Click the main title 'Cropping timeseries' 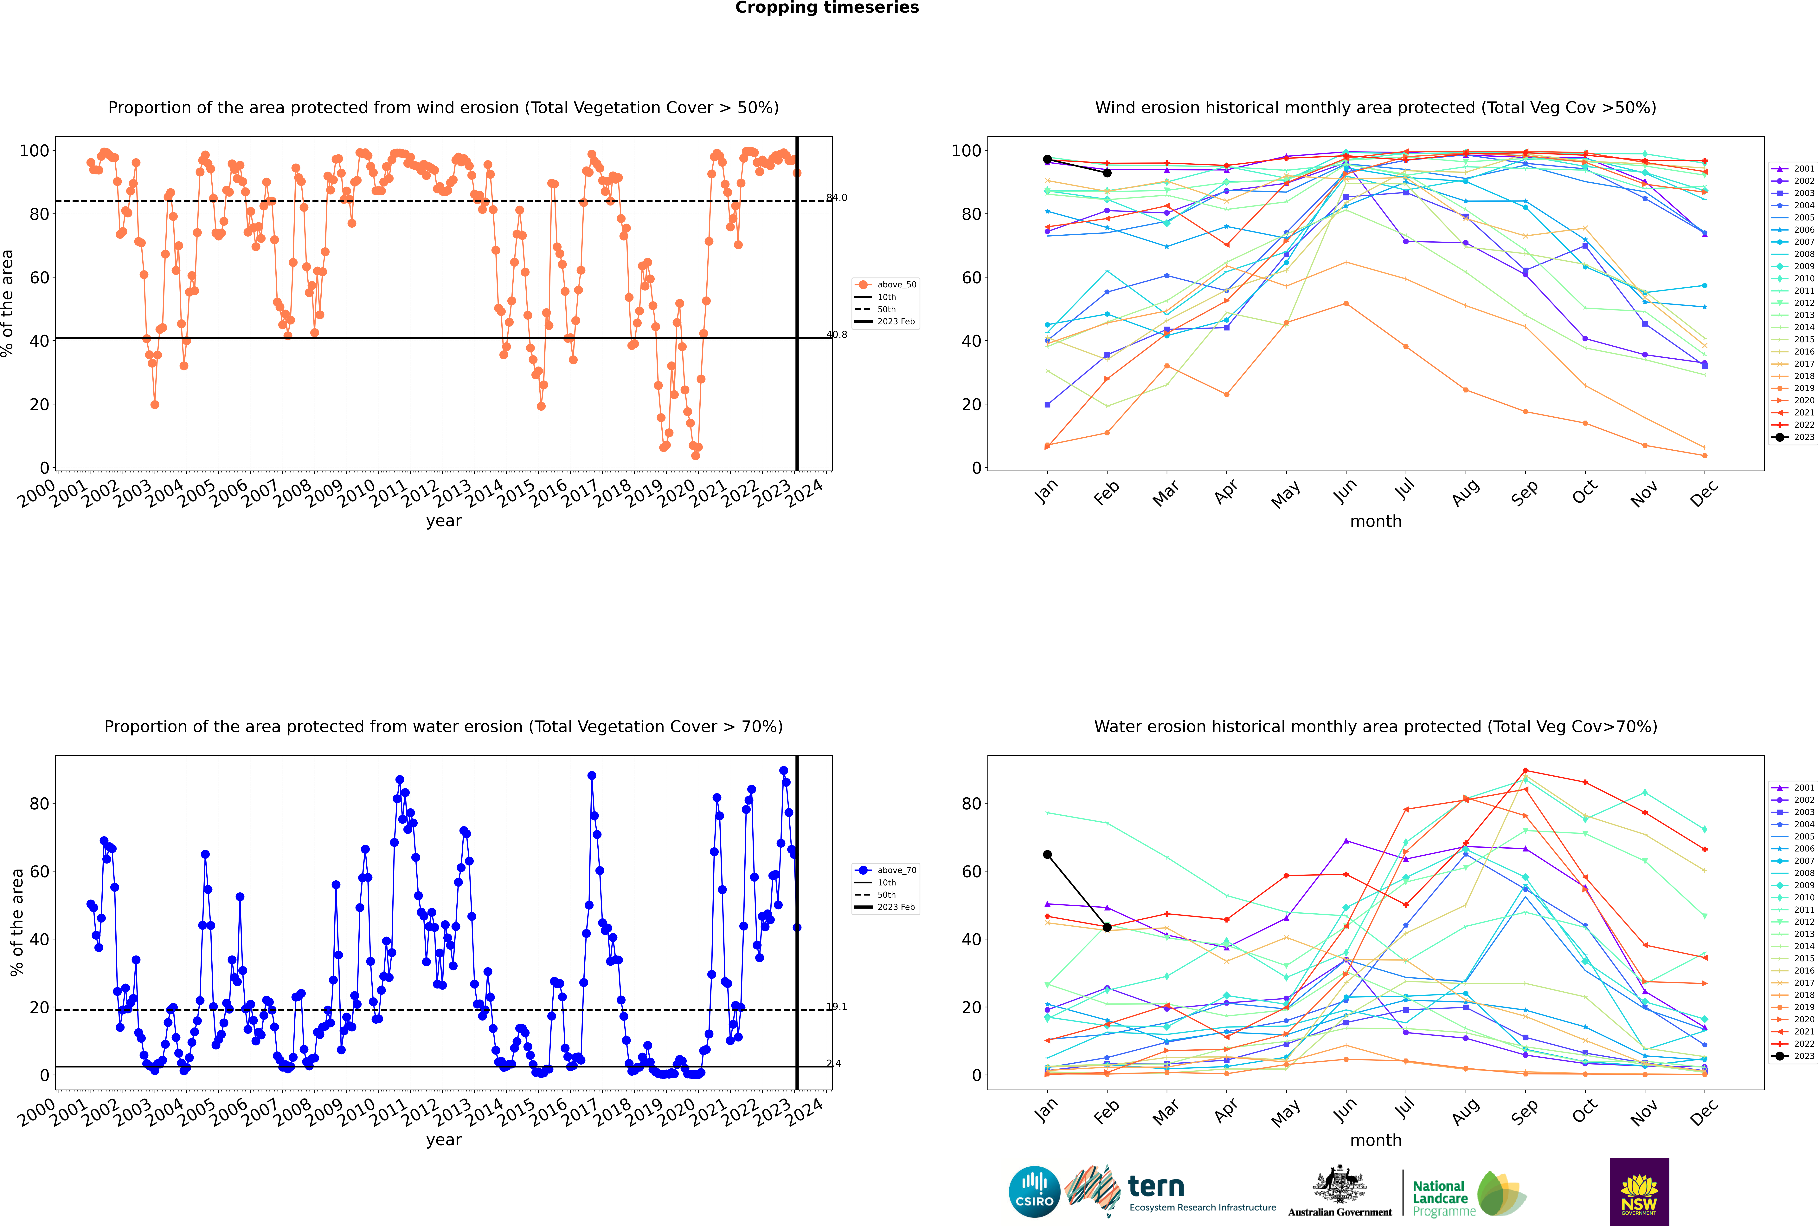(x=827, y=8)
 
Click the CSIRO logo (x=1034, y=1192)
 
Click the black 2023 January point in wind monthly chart (x=1047, y=160)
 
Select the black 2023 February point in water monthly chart (x=1107, y=927)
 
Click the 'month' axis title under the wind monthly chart (x=1376, y=522)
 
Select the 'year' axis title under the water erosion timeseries (x=443, y=1140)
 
